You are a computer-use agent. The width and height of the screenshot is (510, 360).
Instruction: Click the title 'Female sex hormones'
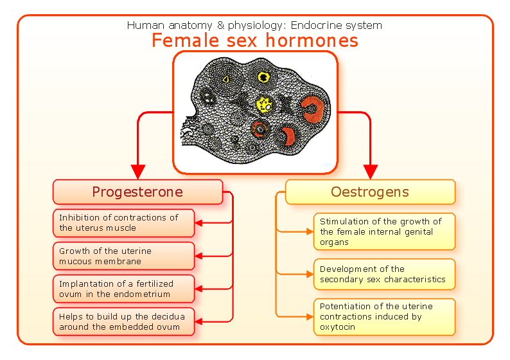[x=254, y=40]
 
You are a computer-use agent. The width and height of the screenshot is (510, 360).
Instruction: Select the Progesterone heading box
[x=137, y=192]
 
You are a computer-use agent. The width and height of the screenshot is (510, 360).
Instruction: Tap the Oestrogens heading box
[x=370, y=192]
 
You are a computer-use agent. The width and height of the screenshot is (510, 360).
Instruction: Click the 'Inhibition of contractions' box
[x=123, y=223]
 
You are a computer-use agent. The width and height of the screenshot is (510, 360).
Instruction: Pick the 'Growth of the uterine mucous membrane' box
[x=123, y=256]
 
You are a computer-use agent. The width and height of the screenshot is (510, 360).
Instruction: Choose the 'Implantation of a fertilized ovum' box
[x=123, y=289]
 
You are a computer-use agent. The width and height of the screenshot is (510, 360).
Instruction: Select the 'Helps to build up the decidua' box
[x=123, y=321]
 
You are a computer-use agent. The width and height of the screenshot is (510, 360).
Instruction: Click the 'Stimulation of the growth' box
[x=384, y=231]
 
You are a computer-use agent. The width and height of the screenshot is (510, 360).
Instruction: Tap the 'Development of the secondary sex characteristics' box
[x=384, y=274]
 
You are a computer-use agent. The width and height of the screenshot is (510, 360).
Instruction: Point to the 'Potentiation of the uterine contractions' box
[x=384, y=316]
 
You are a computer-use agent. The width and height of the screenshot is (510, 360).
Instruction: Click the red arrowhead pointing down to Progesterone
[x=137, y=172]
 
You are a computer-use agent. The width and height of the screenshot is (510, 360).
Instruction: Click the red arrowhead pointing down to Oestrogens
[x=371, y=172]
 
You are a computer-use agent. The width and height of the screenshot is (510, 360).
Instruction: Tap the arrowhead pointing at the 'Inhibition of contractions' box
[x=199, y=223]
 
